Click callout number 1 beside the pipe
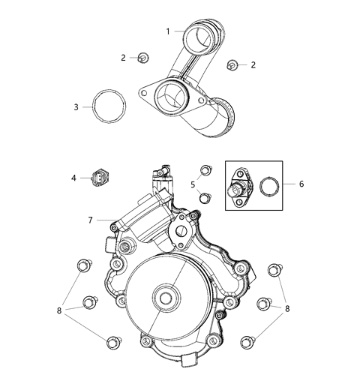[168, 31]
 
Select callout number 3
[76, 107]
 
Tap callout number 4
[73, 178]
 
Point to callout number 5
[192, 184]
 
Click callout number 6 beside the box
[301, 183]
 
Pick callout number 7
[89, 220]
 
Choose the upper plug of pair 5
[204, 170]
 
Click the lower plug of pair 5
[203, 197]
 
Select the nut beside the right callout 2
[232, 65]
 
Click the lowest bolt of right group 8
[246, 342]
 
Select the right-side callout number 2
[253, 65]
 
